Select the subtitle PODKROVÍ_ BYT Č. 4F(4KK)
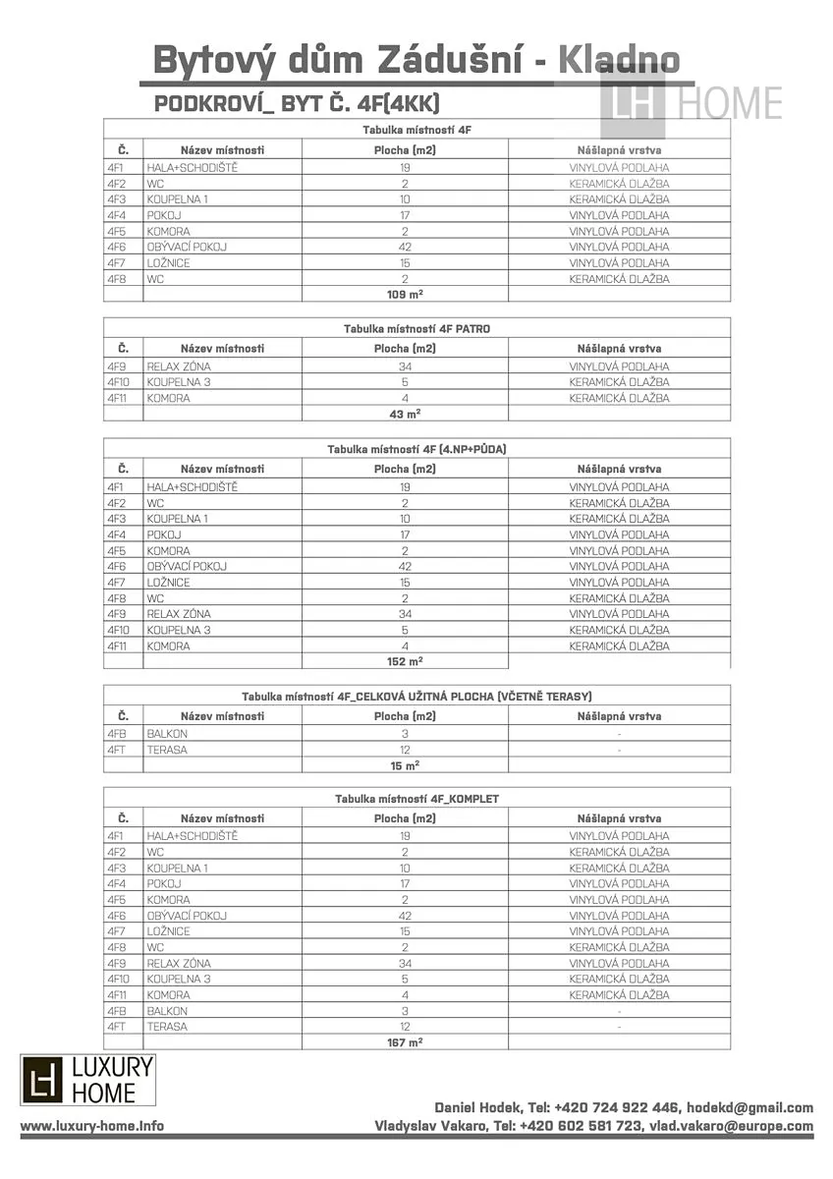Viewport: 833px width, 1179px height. tap(297, 104)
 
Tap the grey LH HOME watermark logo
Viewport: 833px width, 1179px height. tap(692, 102)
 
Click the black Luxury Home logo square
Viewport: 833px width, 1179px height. tap(42, 1080)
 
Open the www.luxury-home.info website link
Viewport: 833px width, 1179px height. tap(92, 1126)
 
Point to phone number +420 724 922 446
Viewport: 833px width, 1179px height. tap(618, 1107)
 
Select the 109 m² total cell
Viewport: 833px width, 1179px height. tap(405, 294)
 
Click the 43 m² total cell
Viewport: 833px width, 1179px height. tap(405, 414)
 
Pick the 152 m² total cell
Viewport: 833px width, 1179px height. tap(405, 661)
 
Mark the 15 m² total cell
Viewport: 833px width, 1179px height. tap(405, 764)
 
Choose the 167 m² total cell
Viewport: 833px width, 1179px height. tap(405, 1041)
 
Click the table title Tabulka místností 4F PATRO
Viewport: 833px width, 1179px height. tap(416, 328)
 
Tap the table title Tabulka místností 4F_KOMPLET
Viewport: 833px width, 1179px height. tap(416, 799)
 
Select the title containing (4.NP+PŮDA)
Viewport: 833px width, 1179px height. tap(416, 449)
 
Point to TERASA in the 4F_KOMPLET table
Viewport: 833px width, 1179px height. tap(167, 1026)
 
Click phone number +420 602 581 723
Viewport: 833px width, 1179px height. tap(582, 1126)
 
